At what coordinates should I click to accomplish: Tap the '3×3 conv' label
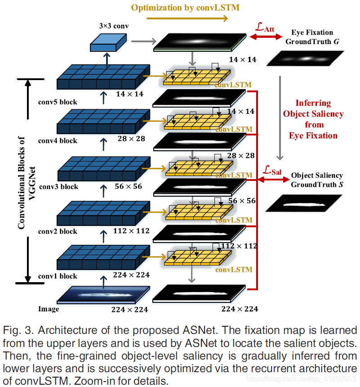114,26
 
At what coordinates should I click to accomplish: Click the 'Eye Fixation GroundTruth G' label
312,37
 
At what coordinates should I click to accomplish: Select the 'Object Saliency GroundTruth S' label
317,180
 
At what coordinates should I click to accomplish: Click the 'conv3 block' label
58,187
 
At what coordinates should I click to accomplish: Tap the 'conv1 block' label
58,276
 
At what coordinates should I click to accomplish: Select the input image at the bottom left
103,295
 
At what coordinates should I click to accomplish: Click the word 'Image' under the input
49,309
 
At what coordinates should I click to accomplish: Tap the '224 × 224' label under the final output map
240,309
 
